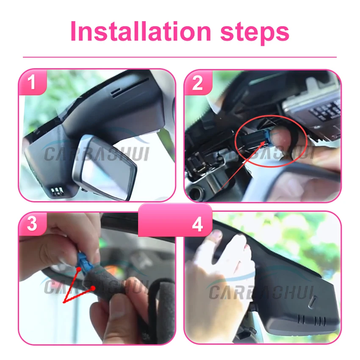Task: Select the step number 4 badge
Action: pos(198,225)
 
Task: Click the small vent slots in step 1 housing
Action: pos(57,191)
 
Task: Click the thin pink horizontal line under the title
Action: pos(180,57)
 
